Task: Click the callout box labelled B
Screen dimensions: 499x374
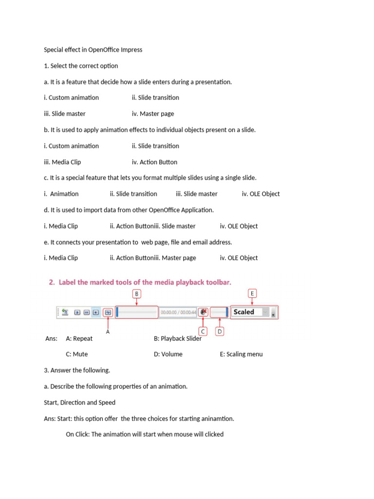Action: (137, 294)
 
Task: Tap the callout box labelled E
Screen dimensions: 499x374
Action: (252, 293)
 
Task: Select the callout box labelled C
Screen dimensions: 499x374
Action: (203, 331)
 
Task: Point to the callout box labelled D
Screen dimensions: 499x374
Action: (220, 331)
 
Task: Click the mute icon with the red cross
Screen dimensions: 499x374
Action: (203, 312)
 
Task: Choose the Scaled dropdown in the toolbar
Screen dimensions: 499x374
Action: (251, 312)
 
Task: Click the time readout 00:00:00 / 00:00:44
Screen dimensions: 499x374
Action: (178, 312)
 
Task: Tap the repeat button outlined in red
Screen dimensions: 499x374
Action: (108, 312)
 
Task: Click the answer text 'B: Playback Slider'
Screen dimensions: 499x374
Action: (178, 339)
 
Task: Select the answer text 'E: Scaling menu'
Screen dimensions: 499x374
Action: (241, 354)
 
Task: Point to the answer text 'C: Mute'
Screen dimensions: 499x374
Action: (77, 354)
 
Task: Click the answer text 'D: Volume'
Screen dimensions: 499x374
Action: (168, 354)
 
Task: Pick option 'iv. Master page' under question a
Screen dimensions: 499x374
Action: (152, 114)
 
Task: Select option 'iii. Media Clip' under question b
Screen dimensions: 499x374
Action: (62, 162)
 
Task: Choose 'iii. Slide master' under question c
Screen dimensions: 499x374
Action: (197, 194)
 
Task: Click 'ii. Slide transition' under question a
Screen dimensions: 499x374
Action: (155, 97)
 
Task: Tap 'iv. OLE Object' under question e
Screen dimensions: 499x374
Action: (239, 258)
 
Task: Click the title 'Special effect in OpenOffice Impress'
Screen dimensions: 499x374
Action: (93, 50)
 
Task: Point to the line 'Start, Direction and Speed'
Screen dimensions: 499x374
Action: (79, 403)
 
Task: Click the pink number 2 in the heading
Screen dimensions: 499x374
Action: (52, 282)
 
